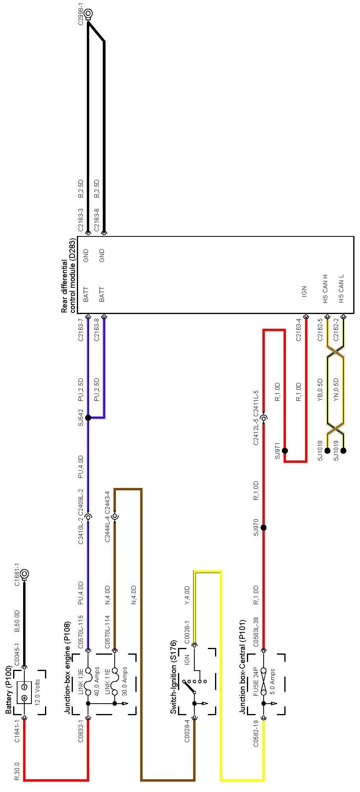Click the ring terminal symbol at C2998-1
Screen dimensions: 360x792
pyautogui.click(x=88, y=14)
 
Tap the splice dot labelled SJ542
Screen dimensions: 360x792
pyautogui.click(x=88, y=417)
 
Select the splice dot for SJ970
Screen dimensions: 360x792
pyautogui.click(x=263, y=528)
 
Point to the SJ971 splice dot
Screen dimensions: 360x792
pyautogui.click(x=285, y=451)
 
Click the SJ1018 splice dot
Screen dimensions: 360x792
pyautogui.click(x=327, y=451)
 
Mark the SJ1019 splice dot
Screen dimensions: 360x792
pyautogui.click(x=343, y=451)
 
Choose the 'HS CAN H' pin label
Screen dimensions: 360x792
pyautogui.click(x=325, y=289)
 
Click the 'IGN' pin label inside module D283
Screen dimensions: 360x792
pyautogui.click(x=304, y=292)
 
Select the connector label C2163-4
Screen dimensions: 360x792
pyautogui.click(x=298, y=330)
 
